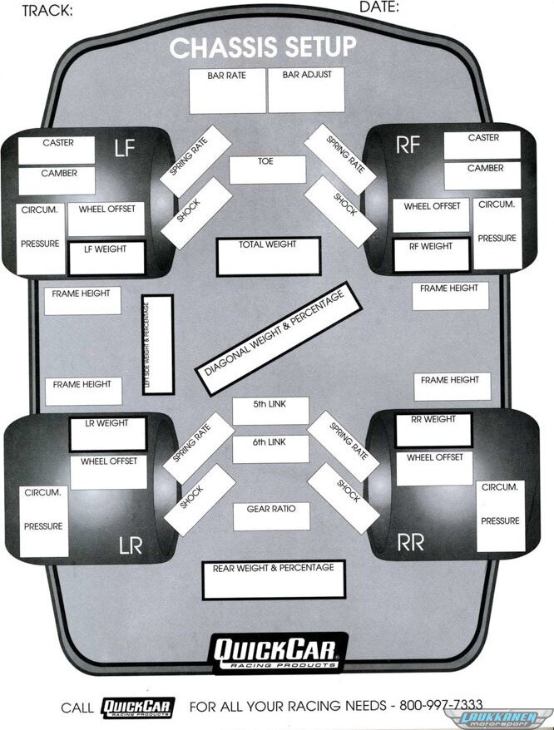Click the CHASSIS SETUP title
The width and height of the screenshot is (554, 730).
(263, 47)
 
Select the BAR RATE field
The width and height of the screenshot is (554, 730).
(227, 91)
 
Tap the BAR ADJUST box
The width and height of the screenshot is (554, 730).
(306, 91)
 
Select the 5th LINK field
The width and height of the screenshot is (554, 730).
(270, 411)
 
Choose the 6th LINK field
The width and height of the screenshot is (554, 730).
(270, 450)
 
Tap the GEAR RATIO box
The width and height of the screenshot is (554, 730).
(271, 516)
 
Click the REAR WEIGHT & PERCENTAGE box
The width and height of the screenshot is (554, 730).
(273, 580)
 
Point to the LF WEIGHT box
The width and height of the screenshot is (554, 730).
(106, 257)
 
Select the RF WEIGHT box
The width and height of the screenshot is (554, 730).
(431, 254)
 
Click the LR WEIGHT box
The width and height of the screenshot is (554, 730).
(107, 432)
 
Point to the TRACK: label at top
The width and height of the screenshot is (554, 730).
(47, 11)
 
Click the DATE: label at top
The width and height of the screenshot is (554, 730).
(379, 7)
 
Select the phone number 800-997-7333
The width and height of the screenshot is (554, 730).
(441, 705)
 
